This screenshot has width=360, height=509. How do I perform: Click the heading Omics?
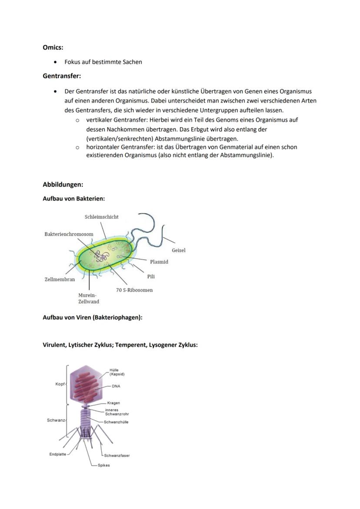(x=53, y=47)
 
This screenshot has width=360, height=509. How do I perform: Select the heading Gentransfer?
(x=62, y=76)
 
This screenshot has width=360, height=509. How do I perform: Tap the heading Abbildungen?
(x=63, y=184)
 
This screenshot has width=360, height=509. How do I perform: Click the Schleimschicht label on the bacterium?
(x=101, y=217)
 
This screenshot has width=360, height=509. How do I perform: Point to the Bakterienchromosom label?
(x=69, y=234)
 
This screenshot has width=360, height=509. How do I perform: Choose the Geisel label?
(x=178, y=250)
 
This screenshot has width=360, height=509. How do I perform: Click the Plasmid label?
(x=159, y=262)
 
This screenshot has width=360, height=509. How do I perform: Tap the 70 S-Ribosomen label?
(x=134, y=290)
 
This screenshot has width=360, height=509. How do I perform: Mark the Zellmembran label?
(x=60, y=279)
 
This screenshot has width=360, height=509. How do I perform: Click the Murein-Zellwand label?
(x=88, y=298)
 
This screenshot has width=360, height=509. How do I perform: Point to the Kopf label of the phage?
(x=60, y=384)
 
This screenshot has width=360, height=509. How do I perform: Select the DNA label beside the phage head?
(x=116, y=386)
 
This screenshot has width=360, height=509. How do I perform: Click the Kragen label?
(x=113, y=403)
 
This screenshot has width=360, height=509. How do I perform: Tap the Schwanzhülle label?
(x=116, y=422)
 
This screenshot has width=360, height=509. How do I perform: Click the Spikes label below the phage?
(x=103, y=465)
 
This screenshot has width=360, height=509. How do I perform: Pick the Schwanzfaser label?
(x=117, y=456)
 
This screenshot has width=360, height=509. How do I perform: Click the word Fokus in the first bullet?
(x=72, y=62)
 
